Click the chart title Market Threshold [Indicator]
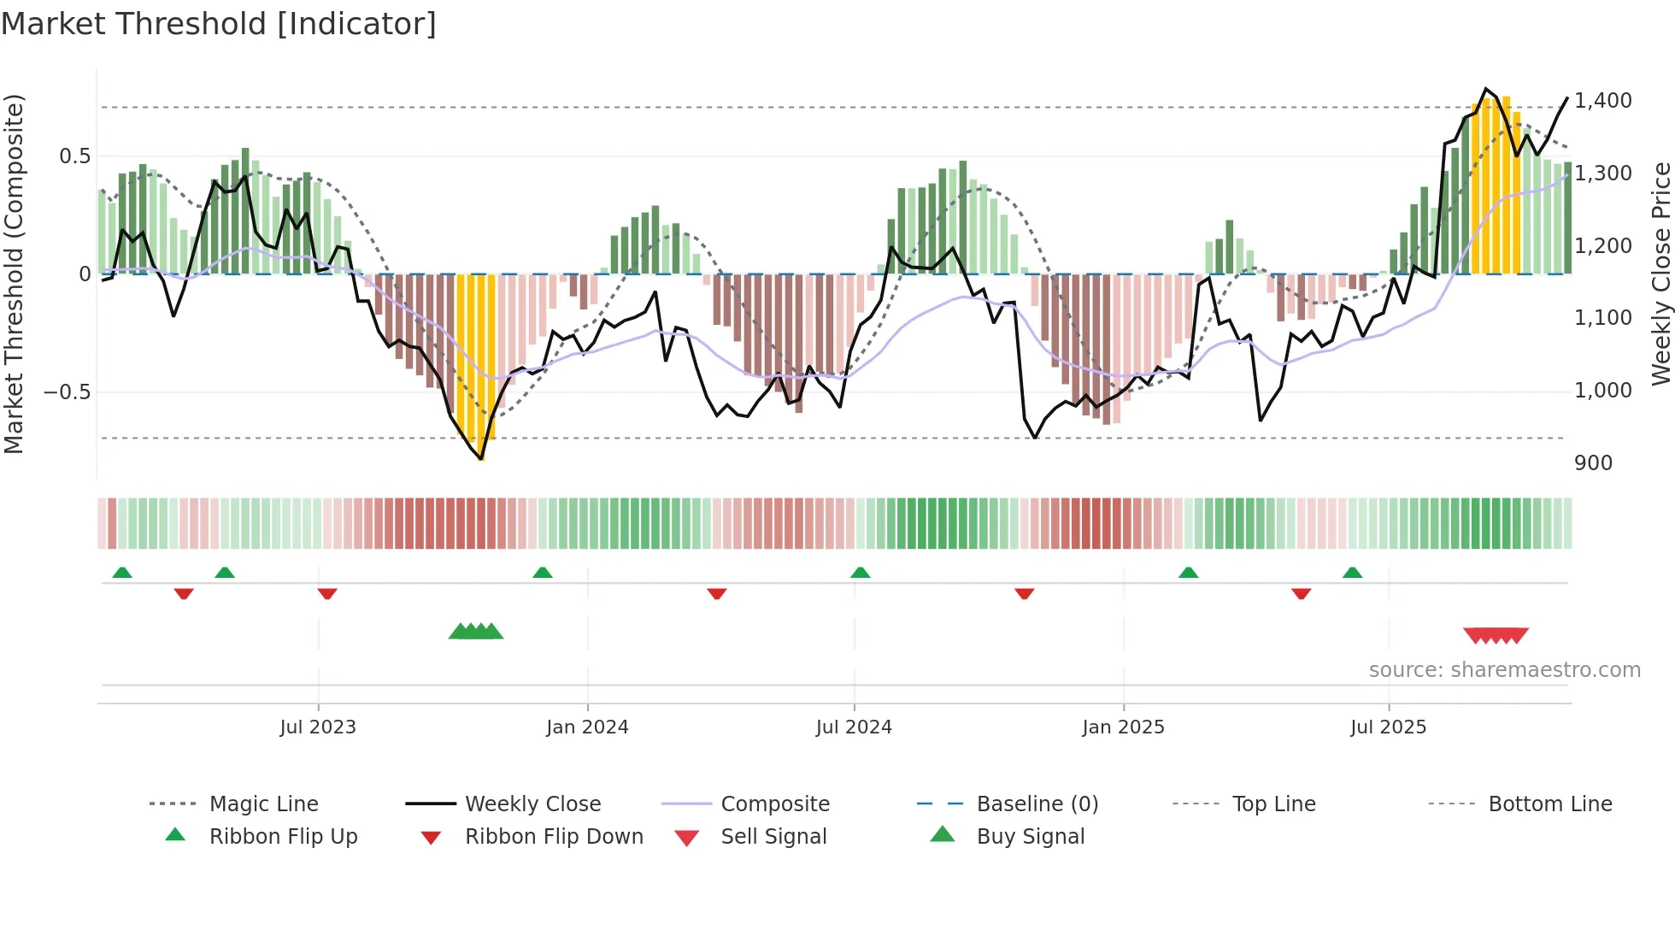click(219, 24)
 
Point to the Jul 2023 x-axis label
click(318, 727)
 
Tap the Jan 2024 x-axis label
click(587, 727)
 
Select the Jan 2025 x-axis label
click(1123, 727)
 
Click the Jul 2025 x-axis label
click(1388, 727)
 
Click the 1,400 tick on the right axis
click(1603, 101)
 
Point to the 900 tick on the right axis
click(1593, 463)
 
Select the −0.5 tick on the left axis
click(67, 392)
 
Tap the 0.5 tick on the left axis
click(74, 156)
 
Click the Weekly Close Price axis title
click(1660, 274)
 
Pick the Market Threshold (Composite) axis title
click(14, 274)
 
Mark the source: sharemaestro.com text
click(1504, 670)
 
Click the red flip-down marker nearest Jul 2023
click(327, 593)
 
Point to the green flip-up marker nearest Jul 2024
click(861, 573)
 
